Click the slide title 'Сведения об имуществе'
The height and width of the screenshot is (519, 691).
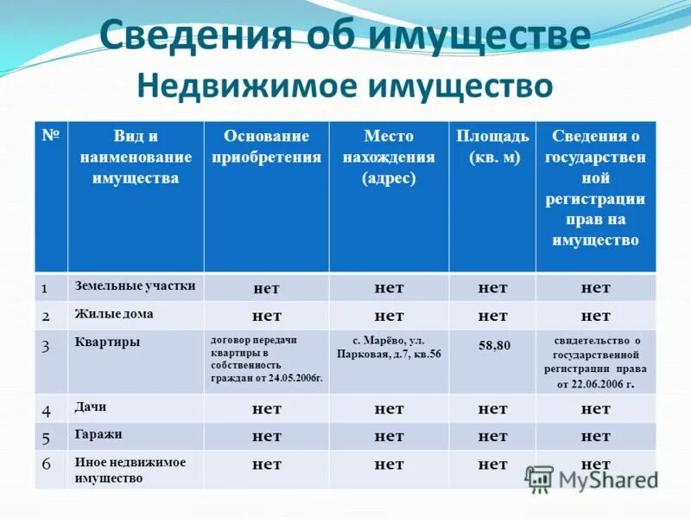click(345, 36)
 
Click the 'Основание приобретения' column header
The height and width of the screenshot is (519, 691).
click(266, 146)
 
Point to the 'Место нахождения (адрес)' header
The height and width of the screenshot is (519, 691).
click(389, 157)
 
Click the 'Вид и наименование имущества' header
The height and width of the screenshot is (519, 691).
click(135, 157)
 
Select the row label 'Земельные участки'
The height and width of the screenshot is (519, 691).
click(135, 285)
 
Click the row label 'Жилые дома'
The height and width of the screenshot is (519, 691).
click(114, 314)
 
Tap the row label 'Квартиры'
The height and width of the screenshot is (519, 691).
click(107, 343)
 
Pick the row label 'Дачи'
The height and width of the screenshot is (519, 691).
click(90, 407)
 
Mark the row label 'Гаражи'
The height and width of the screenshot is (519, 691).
click(98, 434)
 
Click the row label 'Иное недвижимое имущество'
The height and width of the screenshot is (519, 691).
click(130, 470)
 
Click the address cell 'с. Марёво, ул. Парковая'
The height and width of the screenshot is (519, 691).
click(389, 347)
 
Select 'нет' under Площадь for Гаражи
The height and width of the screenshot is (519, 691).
click(492, 436)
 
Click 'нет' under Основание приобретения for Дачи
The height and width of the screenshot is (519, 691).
click(266, 408)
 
